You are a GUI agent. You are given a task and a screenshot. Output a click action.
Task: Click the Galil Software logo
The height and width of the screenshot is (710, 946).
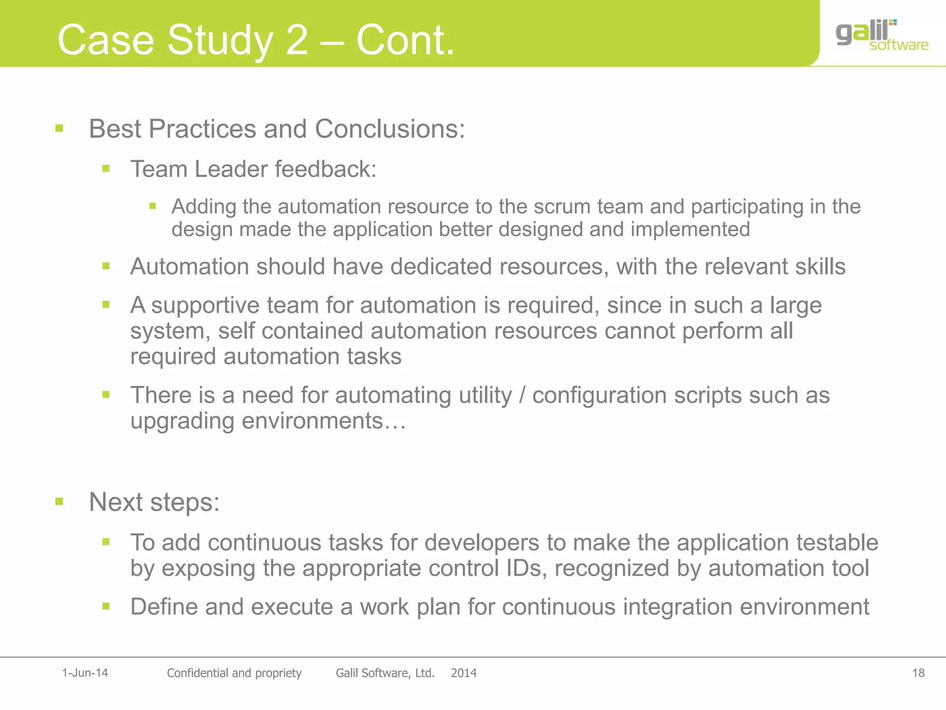pyautogui.click(x=881, y=35)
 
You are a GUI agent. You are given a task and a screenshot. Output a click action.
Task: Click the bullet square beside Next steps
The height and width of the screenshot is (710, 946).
pyautogui.click(x=59, y=502)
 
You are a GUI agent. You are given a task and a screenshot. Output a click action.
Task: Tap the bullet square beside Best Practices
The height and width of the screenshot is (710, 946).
pyautogui.click(x=59, y=128)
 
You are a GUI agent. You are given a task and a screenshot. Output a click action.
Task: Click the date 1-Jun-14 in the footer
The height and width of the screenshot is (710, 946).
pyautogui.click(x=85, y=673)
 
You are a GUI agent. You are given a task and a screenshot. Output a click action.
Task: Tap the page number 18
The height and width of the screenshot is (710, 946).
pyautogui.click(x=918, y=673)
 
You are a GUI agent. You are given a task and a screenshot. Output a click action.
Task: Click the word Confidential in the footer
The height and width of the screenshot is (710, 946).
pyautogui.click(x=197, y=673)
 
